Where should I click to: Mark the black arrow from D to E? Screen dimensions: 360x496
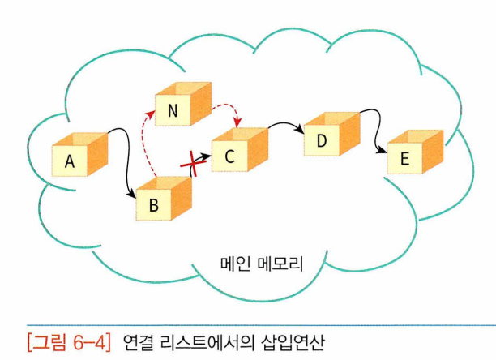[374, 130]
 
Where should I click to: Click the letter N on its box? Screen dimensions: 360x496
[173, 112]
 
